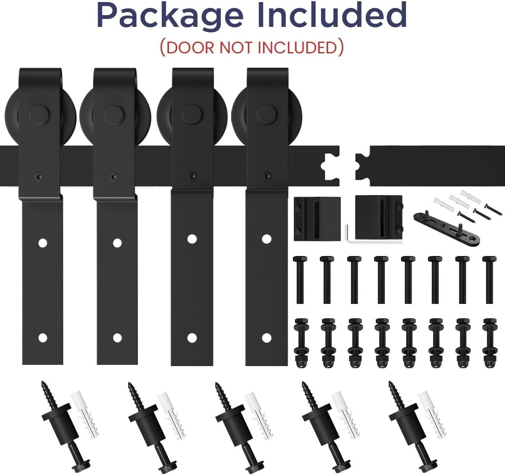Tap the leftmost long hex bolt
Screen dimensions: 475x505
(x=300, y=279)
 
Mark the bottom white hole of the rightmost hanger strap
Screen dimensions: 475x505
(x=266, y=337)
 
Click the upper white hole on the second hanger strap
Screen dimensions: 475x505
(x=117, y=243)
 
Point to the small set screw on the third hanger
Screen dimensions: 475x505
(x=192, y=176)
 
